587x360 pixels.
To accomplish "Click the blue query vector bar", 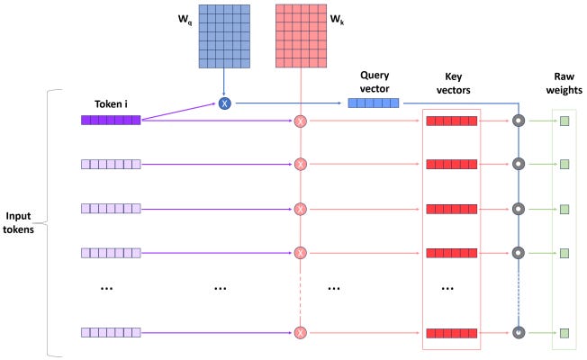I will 373,103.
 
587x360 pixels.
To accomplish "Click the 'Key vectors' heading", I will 452,84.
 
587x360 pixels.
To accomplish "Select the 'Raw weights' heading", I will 563,84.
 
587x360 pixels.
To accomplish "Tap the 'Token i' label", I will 112,103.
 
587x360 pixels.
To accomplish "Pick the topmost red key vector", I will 451,121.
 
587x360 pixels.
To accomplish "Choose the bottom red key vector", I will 451,333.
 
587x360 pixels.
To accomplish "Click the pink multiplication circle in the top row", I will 301,121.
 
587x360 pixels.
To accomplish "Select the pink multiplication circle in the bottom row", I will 301,333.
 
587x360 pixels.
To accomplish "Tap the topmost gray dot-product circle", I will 518,121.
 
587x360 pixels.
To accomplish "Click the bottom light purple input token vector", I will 111,333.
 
